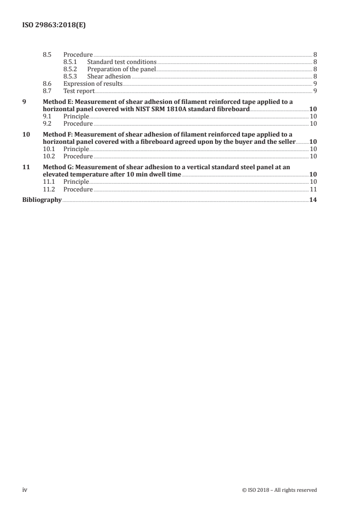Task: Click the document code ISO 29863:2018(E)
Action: (54, 25)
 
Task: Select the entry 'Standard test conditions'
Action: (122, 62)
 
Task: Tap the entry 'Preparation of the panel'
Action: (121, 69)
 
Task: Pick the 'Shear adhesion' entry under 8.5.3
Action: (108, 77)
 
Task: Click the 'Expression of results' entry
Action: (93, 84)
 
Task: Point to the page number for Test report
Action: (315, 91)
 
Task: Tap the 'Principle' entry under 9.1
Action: (76, 117)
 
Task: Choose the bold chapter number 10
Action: (26, 134)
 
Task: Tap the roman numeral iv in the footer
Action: (25, 489)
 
